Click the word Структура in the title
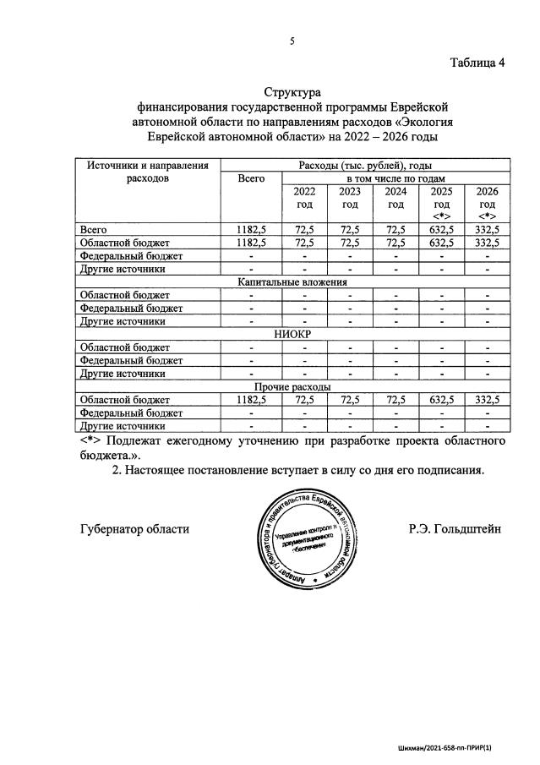click(x=292, y=91)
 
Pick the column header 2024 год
click(x=395, y=198)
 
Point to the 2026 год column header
click(x=488, y=204)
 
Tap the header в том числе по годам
click(x=395, y=178)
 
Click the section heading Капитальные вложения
click(x=292, y=282)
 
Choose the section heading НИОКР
click(x=292, y=334)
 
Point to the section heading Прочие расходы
click(x=292, y=386)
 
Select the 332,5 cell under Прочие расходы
click(x=488, y=400)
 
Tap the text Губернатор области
click(x=134, y=529)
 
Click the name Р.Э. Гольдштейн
click(x=454, y=529)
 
